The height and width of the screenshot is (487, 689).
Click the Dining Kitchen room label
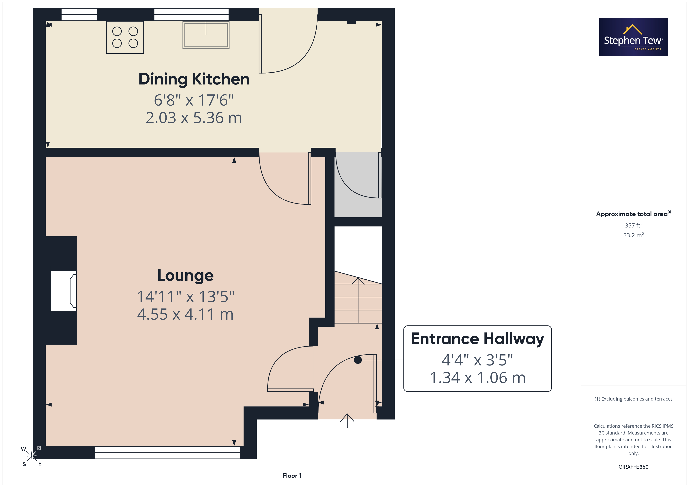point(194,79)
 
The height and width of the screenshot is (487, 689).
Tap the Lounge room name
point(186,275)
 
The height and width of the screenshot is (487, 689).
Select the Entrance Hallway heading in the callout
point(477,339)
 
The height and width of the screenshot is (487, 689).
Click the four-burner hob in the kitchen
point(125,37)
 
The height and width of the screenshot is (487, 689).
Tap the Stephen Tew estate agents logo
point(634,37)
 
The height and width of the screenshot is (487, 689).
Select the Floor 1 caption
point(292,476)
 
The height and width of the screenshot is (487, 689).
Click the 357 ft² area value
point(634,225)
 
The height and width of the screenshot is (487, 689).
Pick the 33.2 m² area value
point(634,235)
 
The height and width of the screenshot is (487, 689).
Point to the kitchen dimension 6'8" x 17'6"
point(194,100)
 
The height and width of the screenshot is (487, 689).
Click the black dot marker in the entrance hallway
point(358,360)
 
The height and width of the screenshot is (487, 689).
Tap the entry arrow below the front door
point(347,420)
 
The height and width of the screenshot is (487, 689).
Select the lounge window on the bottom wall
point(167,452)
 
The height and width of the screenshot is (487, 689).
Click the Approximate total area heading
point(633,214)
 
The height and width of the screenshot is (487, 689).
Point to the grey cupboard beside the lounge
point(358,184)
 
